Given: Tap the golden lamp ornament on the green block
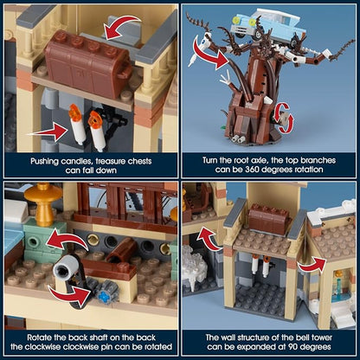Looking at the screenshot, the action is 42,204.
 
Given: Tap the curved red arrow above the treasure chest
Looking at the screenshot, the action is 122,27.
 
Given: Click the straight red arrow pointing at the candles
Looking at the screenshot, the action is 47,132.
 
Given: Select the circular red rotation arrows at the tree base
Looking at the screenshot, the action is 283,119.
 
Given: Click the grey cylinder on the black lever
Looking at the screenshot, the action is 65,267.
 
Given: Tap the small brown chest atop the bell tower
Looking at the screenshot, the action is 269,219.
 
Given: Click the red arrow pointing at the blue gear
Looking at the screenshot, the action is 71,296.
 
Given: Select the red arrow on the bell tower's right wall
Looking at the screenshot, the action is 312,266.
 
